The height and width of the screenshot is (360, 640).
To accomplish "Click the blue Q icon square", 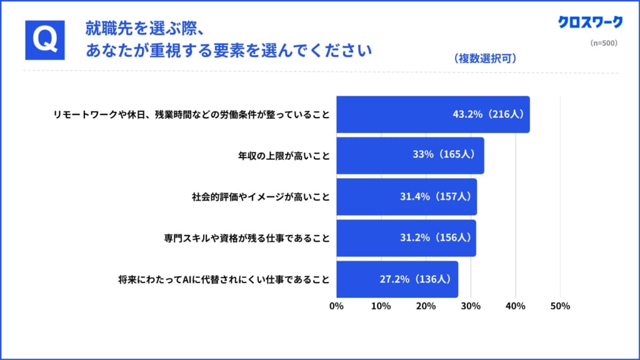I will point(45,39).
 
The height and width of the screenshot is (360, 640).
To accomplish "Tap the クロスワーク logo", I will point(591,22).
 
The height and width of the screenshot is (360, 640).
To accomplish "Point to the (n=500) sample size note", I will point(604,44).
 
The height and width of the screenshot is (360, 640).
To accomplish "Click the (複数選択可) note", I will point(485,59).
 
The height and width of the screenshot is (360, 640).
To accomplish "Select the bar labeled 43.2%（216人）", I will point(432,114).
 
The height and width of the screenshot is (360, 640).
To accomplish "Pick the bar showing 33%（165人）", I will point(410,156).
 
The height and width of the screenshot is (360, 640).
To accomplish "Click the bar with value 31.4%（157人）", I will point(406,197).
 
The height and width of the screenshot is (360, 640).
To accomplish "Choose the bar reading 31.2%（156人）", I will point(406,238).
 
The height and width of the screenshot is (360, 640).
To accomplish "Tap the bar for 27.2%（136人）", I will point(397,279).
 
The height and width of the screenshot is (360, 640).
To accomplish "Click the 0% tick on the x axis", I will point(336,306).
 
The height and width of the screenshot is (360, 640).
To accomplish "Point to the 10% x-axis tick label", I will point(381,306).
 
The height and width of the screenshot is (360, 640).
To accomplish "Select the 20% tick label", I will point(426,306).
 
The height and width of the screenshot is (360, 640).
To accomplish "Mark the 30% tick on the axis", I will point(471,306).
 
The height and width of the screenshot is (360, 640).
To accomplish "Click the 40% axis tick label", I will point(516,306).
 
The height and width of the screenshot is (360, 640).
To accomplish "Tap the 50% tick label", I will point(560,306).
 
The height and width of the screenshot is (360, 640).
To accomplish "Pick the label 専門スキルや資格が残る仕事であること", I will point(247,238).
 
